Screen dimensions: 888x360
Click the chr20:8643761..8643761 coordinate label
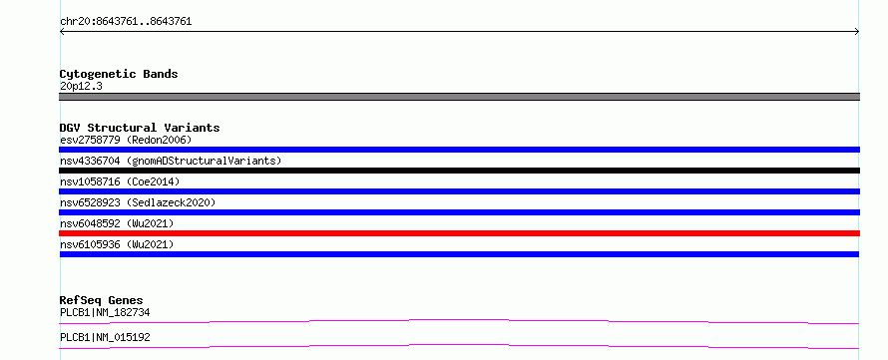click(126, 22)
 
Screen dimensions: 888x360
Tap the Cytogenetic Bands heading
click(119, 74)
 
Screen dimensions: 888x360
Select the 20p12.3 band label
click(81, 87)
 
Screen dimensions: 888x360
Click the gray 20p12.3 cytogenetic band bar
click(459, 97)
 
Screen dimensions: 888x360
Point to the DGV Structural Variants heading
click(140, 128)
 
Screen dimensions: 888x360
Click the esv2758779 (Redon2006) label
click(126, 140)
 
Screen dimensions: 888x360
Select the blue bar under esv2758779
click(459, 150)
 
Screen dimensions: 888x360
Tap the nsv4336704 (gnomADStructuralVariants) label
click(171, 161)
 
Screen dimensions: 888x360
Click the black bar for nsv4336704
click(459, 171)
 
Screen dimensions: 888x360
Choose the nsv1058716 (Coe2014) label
click(120, 181)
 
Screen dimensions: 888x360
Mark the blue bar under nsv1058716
click(459, 191)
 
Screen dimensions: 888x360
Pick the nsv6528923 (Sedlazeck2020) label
click(138, 202)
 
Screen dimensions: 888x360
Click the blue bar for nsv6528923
click(459, 212)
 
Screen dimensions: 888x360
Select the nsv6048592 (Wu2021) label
click(117, 223)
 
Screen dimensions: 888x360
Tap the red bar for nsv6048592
click(459, 233)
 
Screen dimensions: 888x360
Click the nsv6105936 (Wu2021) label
click(117, 244)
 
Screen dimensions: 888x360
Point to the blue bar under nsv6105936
click(459, 254)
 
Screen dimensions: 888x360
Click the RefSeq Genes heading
click(102, 300)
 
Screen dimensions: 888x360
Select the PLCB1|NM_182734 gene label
click(105, 312)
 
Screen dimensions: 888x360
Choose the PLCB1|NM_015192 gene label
click(105, 338)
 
